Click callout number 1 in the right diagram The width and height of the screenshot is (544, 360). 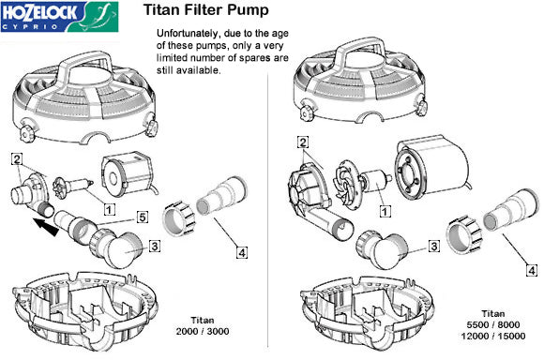coord(384,211)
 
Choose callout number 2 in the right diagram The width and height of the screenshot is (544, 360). coord(302,142)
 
